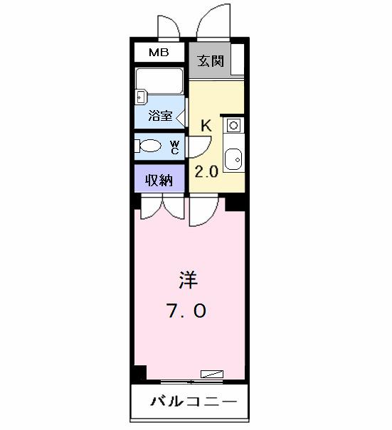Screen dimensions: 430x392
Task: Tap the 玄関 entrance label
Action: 211,60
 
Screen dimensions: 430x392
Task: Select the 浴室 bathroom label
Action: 159,116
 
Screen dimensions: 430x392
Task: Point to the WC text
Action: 175,147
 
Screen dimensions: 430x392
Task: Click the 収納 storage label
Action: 159,179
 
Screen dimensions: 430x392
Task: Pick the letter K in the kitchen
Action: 206,126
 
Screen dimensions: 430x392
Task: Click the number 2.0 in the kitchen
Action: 206,172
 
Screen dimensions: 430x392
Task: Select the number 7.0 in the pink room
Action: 188,311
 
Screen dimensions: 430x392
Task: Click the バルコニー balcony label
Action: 192,402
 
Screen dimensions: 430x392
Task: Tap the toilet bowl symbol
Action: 149,147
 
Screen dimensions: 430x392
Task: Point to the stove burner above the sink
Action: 233,125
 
